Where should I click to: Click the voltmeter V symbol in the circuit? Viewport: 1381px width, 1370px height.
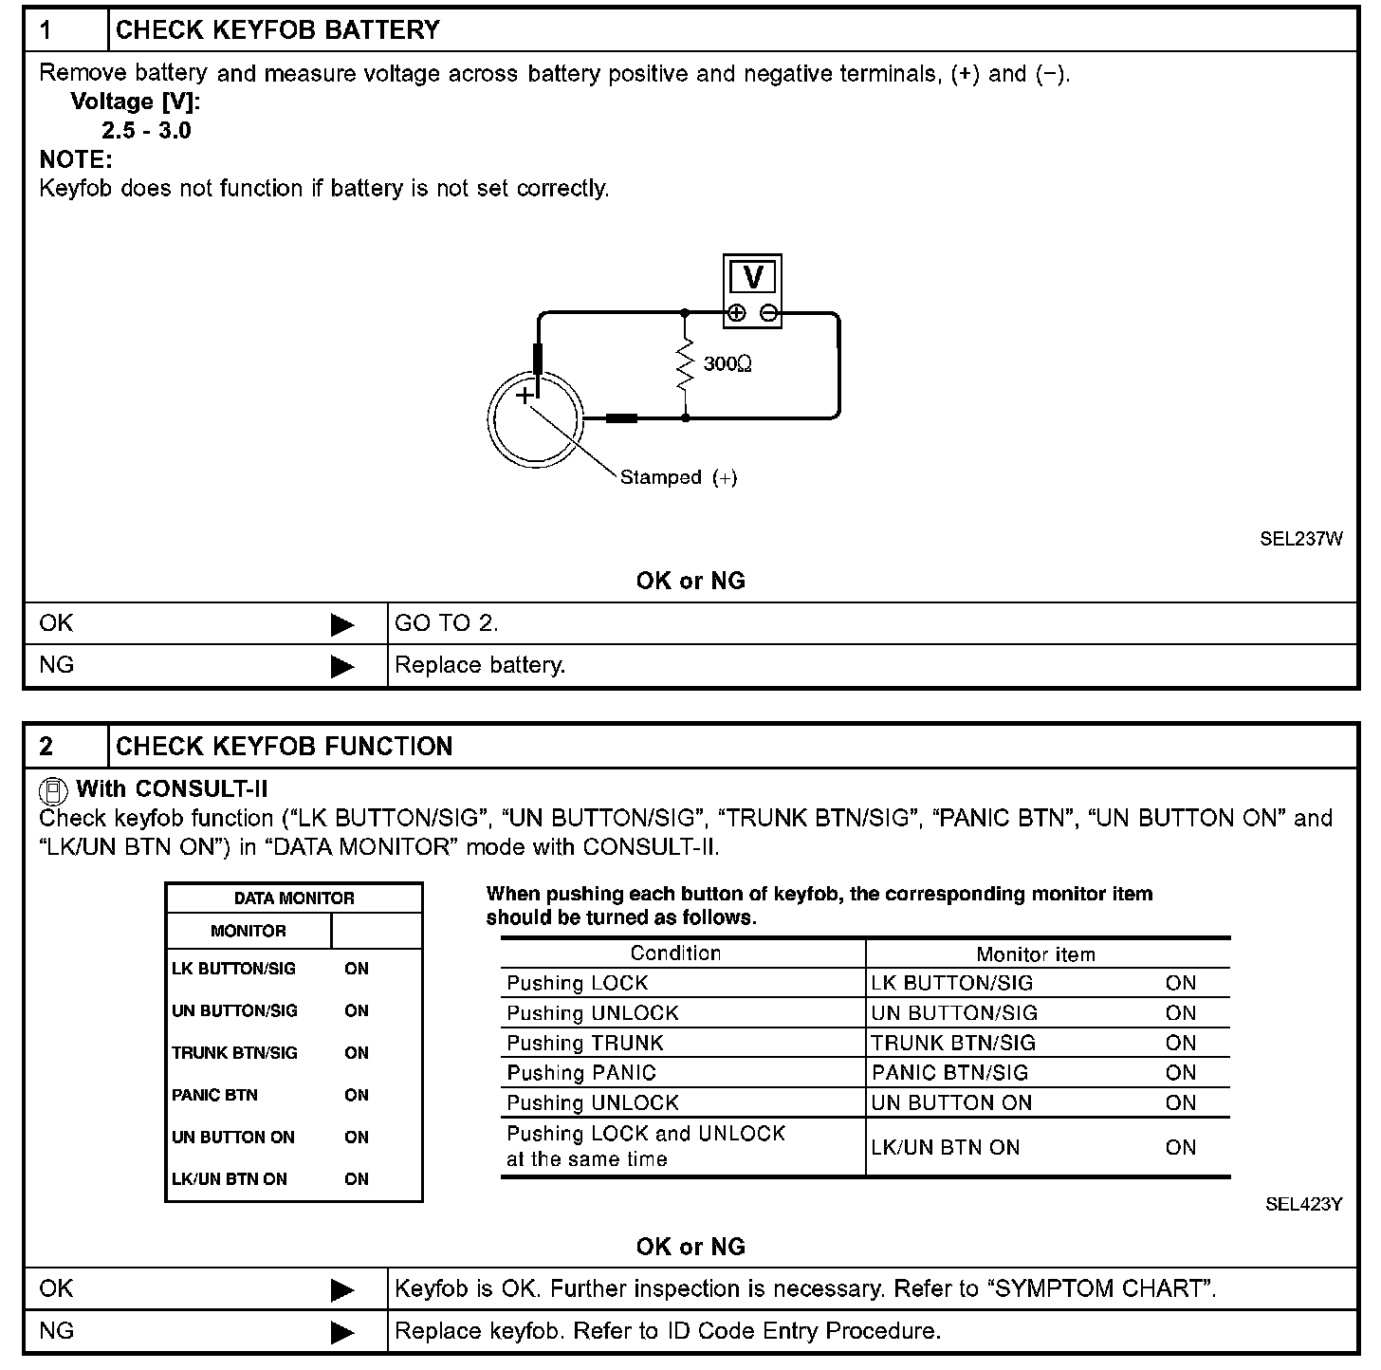pos(753,277)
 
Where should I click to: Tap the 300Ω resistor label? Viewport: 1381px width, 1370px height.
pos(727,364)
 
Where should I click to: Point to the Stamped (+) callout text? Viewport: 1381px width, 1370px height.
pos(678,478)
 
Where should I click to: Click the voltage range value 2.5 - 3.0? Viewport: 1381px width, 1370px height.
pos(146,131)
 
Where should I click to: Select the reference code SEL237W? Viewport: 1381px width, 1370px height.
pos(1301,539)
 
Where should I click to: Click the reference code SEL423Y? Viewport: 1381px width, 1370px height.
pos(1303,1205)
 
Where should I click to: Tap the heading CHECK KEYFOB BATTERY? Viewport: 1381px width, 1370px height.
pos(278,30)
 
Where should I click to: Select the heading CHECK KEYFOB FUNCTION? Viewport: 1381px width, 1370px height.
pos(285,747)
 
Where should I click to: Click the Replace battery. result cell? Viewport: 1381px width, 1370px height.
pos(480,665)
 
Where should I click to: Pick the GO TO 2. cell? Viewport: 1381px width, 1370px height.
pos(447,623)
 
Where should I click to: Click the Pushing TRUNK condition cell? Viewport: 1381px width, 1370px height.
pos(585,1044)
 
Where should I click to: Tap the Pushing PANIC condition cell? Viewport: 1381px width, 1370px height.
pos(581,1073)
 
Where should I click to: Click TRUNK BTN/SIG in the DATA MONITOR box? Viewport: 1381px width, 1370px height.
pos(234,1053)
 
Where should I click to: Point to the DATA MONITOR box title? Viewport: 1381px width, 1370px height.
pos(294,898)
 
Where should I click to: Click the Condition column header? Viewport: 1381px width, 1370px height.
pos(675,953)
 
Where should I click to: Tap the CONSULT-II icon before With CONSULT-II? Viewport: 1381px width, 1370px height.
pos(54,790)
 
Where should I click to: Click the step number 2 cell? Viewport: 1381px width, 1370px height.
pos(47,747)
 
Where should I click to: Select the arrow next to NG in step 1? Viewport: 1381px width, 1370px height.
pos(342,667)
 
